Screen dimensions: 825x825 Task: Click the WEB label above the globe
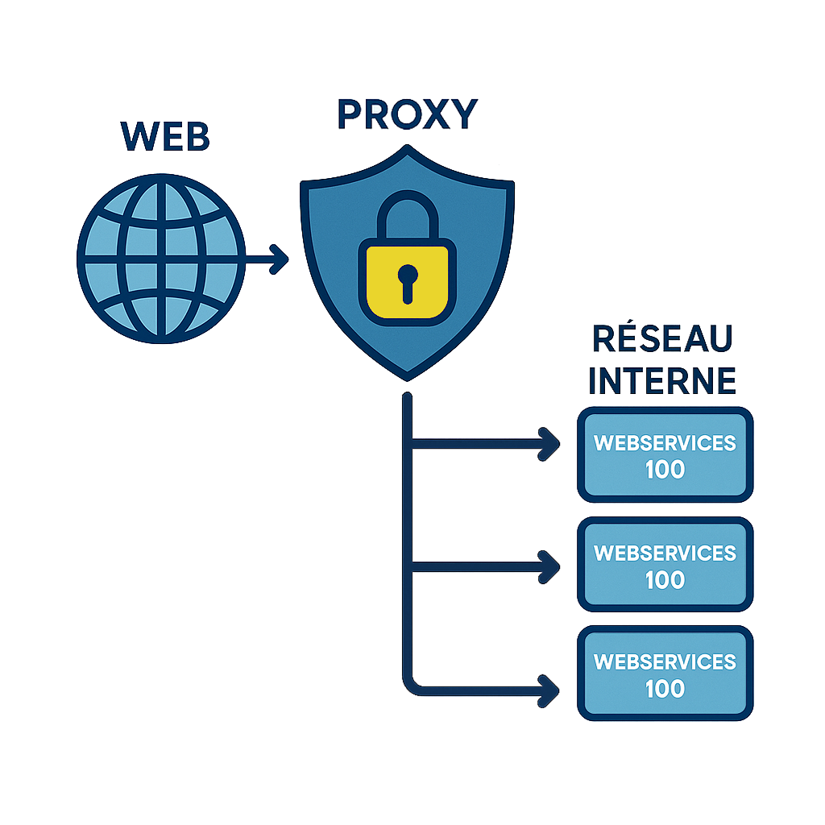coord(165,136)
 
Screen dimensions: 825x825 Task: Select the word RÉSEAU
coord(662,339)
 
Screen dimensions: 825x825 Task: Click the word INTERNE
coord(662,379)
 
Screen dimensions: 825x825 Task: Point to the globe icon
coord(160,257)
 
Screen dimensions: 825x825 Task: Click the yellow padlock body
coord(407,282)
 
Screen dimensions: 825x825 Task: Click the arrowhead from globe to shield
coord(279,259)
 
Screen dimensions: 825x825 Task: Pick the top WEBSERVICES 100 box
coord(665,455)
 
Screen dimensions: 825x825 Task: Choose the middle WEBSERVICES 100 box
coord(665,565)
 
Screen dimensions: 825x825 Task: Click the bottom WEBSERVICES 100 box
coord(665,674)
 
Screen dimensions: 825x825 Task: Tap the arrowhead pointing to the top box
coord(551,442)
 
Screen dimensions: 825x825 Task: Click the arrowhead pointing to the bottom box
coord(551,690)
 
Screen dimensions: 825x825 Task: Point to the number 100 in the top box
coord(665,470)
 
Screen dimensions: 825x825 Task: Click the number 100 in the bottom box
coord(665,689)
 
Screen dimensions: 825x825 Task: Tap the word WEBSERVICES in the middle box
coord(665,553)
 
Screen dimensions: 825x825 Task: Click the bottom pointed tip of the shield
coord(408,377)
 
